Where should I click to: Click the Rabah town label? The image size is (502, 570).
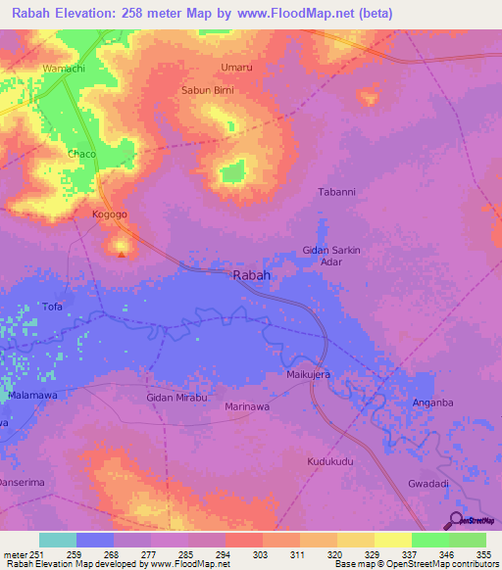click(252, 276)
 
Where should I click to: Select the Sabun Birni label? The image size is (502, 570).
click(205, 91)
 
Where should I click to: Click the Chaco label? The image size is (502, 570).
click(81, 155)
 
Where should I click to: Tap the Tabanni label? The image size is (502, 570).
click(336, 192)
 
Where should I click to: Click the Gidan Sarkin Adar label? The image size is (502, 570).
click(331, 257)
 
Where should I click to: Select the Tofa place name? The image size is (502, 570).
click(53, 307)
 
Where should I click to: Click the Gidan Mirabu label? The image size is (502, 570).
click(177, 398)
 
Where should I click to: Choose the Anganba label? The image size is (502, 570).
click(432, 403)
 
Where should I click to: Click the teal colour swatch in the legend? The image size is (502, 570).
click(58, 540)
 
